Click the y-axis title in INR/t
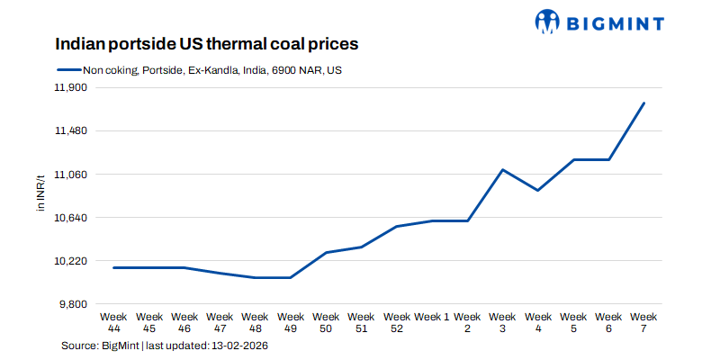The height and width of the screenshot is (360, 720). [40, 195]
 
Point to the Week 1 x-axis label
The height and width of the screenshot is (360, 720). [432, 317]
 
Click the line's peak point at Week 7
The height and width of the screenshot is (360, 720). [643, 103]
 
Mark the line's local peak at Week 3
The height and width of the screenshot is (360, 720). [502, 169]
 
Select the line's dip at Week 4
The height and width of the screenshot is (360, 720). [537, 190]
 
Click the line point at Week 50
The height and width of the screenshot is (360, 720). [326, 252]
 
